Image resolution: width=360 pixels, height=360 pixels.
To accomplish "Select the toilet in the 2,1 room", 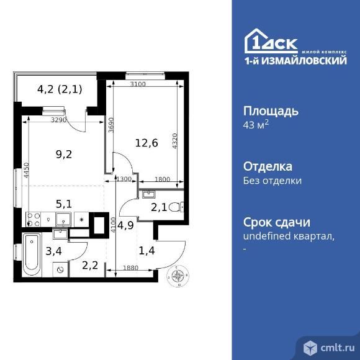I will point(174,208).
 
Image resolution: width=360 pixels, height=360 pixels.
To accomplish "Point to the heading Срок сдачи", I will point(276,222).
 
